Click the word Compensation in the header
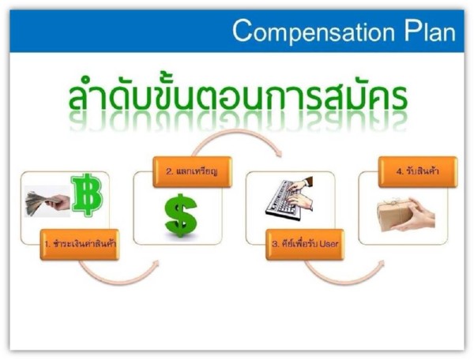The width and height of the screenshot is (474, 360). [x=314, y=31]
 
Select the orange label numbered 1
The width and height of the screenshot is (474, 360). [x=80, y=244]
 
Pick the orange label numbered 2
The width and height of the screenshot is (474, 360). [x=192, y=172]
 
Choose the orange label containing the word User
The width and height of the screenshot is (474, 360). [x=305, y=244]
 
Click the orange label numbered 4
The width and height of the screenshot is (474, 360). [x=418, y=172]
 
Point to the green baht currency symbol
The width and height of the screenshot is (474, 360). [x=87, y=194]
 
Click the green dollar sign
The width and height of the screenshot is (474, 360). [x=181, y=215]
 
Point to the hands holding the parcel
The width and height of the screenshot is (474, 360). [x=417, y=215]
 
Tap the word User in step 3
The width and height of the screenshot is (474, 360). [x=329, y=244]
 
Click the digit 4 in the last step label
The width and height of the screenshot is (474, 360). [x=398, y=171]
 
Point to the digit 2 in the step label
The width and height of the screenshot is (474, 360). [x=168, y=171]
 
